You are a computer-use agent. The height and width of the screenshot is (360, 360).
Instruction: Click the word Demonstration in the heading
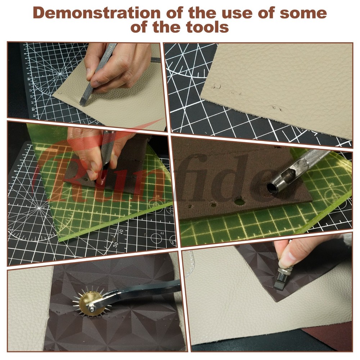96,13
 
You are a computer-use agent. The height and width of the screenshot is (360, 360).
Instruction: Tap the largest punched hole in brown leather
239,202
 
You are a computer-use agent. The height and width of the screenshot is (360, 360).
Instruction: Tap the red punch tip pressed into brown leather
101,179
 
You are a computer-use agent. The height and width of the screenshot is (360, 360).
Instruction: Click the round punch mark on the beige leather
216,86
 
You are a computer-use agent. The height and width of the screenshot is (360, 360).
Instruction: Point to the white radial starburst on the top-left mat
60,74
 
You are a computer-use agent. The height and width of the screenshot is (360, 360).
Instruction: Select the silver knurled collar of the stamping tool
285,271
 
